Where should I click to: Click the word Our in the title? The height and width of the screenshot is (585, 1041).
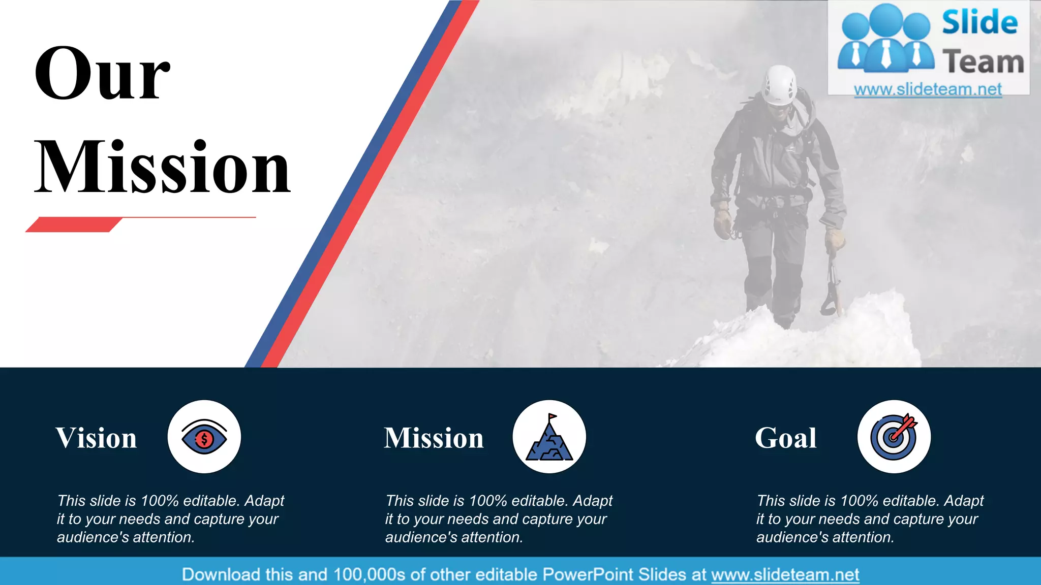102,74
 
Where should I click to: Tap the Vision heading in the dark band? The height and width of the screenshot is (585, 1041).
96,438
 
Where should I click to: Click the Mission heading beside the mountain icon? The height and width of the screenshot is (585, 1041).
434,438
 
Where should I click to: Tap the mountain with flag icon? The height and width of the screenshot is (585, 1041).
549,438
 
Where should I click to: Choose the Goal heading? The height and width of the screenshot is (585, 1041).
785,438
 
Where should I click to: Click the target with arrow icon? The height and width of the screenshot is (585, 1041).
894,437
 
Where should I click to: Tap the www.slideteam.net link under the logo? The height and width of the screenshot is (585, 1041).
928,89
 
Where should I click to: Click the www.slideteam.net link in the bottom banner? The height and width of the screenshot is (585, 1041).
785,574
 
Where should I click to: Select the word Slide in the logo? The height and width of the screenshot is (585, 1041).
979,23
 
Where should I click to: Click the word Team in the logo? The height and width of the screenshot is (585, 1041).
983,62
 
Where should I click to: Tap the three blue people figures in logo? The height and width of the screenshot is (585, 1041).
886,38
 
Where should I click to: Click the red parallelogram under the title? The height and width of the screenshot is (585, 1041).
74,224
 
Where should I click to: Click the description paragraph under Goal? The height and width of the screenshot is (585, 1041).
869,518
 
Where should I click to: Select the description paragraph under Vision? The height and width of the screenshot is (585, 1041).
170,518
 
